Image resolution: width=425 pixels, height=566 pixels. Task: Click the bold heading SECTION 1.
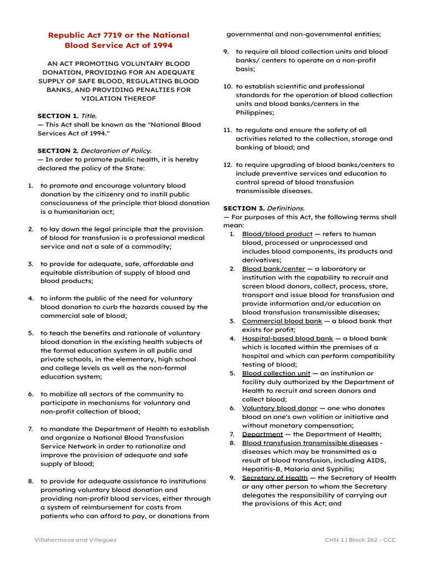pos(58,116)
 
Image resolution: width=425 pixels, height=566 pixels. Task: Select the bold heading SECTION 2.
pos(58,151)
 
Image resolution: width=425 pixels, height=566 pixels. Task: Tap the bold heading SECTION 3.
pos(243,208)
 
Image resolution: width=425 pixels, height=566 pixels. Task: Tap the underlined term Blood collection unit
pos(276,373)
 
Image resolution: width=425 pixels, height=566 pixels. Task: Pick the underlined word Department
pos(262,434)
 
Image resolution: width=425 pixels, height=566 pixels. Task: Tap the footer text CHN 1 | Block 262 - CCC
pos(360,540)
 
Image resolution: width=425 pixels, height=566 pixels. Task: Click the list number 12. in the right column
pos(227,165)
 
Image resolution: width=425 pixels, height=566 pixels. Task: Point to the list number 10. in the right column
pos(227,87)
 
